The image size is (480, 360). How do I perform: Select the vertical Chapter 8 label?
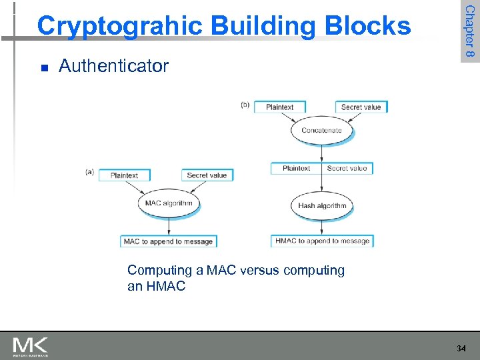[469, 31]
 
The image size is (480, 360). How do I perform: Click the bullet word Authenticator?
[114, 66]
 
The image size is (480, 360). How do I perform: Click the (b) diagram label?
[245, 105]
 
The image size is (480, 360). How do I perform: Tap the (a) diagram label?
[90, 172]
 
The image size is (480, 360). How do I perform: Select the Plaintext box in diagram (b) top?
[279, 107]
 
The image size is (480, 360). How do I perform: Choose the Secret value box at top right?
[361, 107]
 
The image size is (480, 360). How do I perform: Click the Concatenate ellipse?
[321, 130]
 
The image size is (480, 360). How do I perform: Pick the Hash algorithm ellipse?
[322, 205]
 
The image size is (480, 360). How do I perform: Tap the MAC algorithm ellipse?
[169, 203]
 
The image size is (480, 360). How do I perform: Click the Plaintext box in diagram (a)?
[125, 175]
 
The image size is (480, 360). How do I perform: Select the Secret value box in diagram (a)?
[207, 175]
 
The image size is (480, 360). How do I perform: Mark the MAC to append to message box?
[169, 241]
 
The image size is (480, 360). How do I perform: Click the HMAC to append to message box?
[322, 241]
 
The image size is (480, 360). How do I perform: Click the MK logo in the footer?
[31, 346]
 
